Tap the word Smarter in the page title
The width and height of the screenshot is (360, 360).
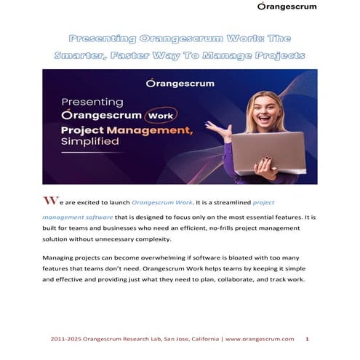[x=81, y=55]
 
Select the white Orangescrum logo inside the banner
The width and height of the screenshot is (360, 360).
[x=180, y=84]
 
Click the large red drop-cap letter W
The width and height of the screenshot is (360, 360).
[x=49, y=200]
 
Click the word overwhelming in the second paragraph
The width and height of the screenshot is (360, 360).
[x=178, y=258]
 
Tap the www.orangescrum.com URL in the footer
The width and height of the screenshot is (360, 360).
[x=260, y=339]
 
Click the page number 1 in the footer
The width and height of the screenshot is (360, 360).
[x=308, y=339]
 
